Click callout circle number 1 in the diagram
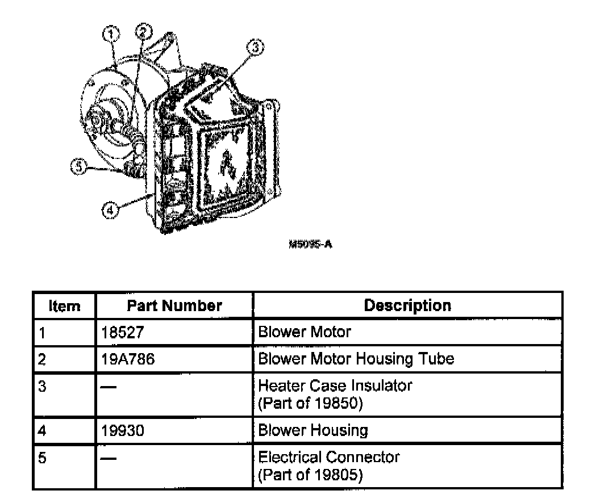tap(111, 35)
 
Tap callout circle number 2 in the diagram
tap(143, 32)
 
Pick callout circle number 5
tap(78, 167)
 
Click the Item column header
tap(64, 306)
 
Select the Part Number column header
tap(174, 306)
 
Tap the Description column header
tap(407, 305)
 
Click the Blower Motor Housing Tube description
tap(356, 359)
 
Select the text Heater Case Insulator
tap(335, 386)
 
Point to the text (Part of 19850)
tap(310, 404)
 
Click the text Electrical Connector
tap(328, 457)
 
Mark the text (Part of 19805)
tap(310, 475)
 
